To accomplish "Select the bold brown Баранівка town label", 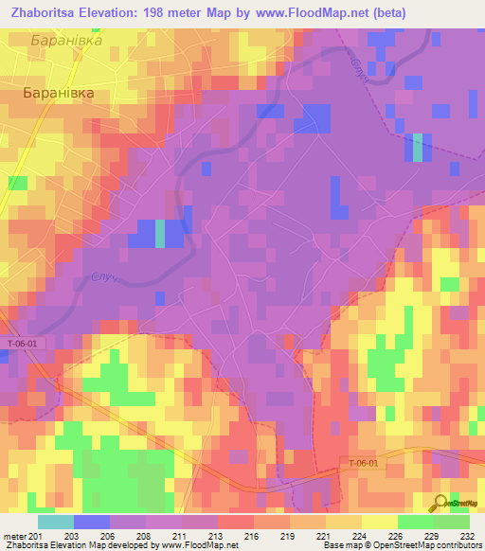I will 60,94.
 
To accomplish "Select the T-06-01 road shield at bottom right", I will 361,463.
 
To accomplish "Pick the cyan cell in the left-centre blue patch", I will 159,233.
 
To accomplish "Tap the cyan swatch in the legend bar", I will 56,521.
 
